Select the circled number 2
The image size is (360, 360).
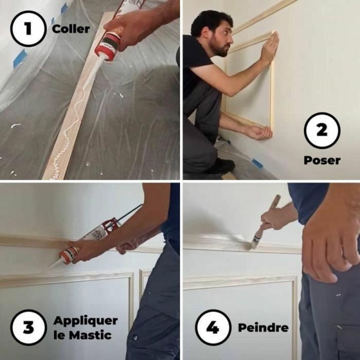pyautogui.click(x=321, y=130)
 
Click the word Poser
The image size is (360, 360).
pyautogui.click(x=321, y=160)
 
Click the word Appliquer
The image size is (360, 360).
pyautogui.click(x=85, y=320)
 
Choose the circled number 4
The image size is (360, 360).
pyautogui.click(x=212, y=328)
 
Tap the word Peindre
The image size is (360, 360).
pyautogui.click(x=263, y=328)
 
